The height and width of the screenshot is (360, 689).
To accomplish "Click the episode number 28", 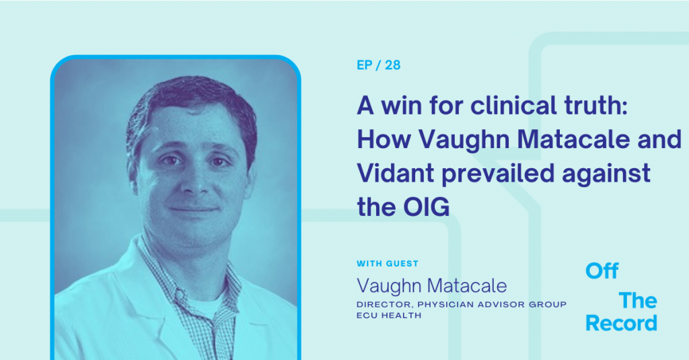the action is pyautogui.click(x=392, y=65).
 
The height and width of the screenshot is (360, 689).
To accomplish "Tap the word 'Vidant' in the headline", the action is pyautogui.click(x=396, y=172).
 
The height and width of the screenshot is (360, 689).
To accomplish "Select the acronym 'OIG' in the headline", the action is pyautogui.click(x=426, y=207).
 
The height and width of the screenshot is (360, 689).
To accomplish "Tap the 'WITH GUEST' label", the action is pyautogui.click(x=388, y=264).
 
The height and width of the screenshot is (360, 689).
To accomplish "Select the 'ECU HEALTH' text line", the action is pyautogui.click(x=389, y=315).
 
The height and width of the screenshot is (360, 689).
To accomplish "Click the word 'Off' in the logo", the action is pyautogui.click(x=602, y=271).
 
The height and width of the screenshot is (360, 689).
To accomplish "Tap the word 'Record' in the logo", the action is pyautogui.click(x=621, y=323).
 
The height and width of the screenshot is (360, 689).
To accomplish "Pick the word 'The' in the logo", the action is pyautogui.click(x=638, y=301).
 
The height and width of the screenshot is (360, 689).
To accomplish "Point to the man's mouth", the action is pyautogui.click(x=194, y=210).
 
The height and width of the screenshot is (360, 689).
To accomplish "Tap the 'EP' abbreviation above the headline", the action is pyautogui.click(x=364, y=65).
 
